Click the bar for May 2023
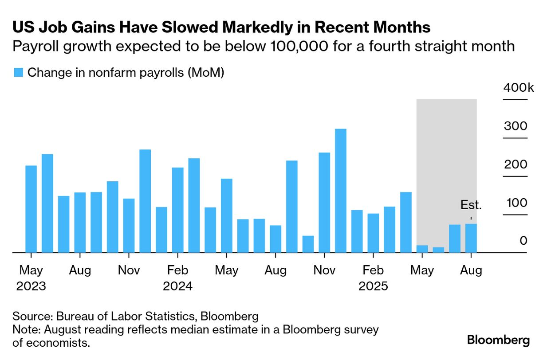pyautogui.click(x=31, y=209)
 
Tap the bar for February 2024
pyautogui.click(x=177, y=210)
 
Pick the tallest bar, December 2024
pyautogui.click(x=340, y=191)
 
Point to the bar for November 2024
pyautogui.click(x=324, y=203)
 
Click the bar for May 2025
pyautogui.click(x=422, y=249)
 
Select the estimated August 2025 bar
pyautogui.click(x=471, y=238)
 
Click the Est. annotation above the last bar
pyautogui.click(x=471, y=205)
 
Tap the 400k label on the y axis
pyautogui.click(x=519, y=88)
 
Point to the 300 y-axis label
pyautogui.click(x=516, y=126)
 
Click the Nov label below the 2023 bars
pyautogui.click(x=129, y=270)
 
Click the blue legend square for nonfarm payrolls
pyautogui.click(x=18, y=73)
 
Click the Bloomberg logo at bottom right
pyautogui.click(x=498, y=340)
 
